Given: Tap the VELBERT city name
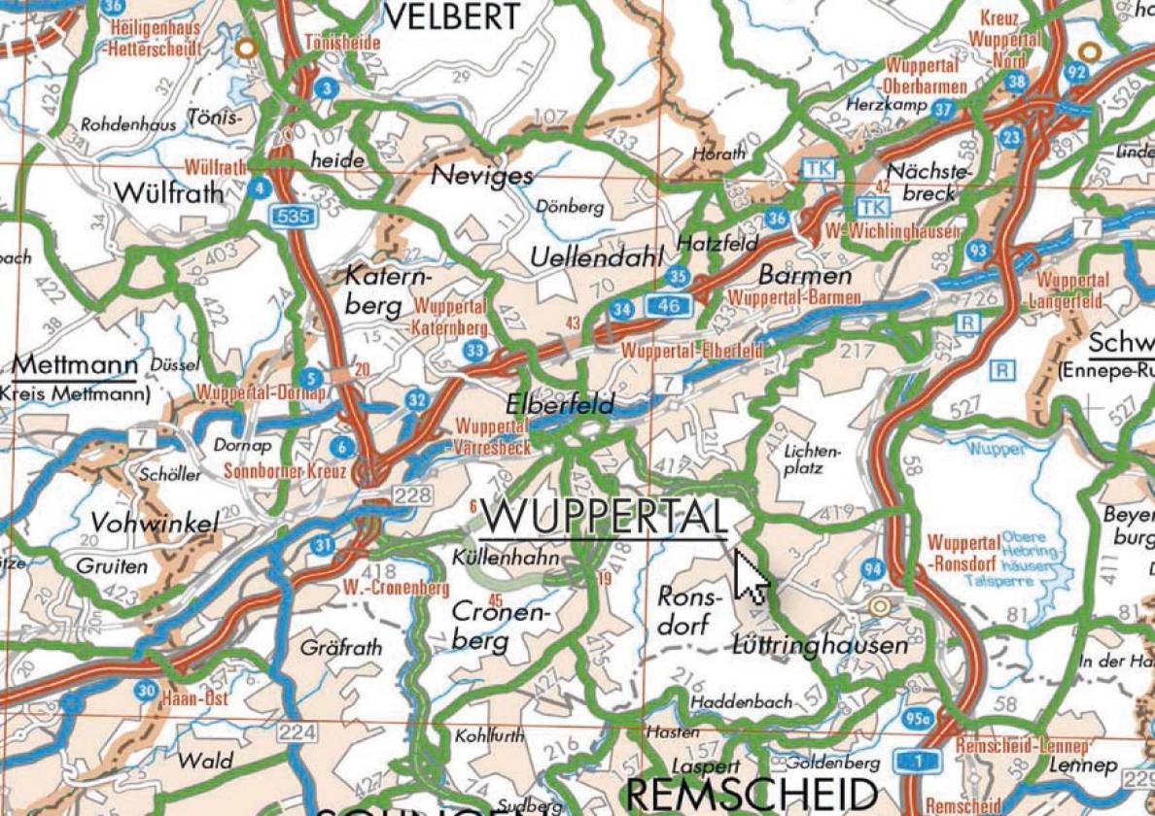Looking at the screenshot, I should point(453,16).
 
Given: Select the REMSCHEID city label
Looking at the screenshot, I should point(752,793).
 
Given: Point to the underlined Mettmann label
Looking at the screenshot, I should point(75,366).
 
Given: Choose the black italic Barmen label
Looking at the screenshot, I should point(791,274).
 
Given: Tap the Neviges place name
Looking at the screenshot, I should point(482,175).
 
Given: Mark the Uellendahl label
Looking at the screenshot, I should point(596,256).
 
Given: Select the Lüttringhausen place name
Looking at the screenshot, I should point(821,644).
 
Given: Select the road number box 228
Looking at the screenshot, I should point(412,496).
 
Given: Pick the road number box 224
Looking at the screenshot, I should point(297,731).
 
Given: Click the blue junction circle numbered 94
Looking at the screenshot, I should point(873,568).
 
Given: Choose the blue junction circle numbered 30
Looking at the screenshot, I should point(145,691).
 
